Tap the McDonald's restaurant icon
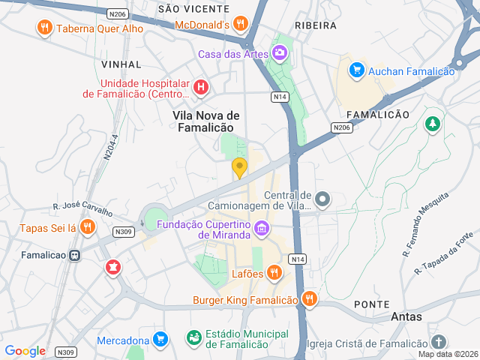tap(241, 24)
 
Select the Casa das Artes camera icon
tap(280, 53)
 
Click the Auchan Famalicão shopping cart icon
tap(356, 70)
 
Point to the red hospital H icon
tap(200, 88)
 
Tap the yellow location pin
tap(239, 168)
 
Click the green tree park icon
tap(432, 124)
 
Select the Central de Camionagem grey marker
tap(322, 199)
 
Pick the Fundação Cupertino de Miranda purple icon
tap(261, 227)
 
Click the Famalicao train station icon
tap(74, 255)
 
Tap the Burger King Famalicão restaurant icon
tap(309, 300)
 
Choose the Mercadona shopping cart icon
tap(159, 340)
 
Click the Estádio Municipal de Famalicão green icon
tap(193, 338)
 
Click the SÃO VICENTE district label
tap(193, 9)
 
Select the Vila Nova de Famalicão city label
tap(206, 121)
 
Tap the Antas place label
tap(406, 317)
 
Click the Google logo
tap(25, 350)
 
